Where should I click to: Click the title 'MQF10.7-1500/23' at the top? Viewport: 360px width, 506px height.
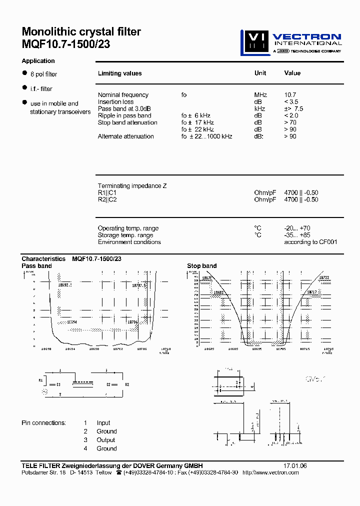66,44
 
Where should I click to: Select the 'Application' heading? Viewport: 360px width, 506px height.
38,61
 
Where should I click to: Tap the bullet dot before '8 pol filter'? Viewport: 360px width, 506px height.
24,73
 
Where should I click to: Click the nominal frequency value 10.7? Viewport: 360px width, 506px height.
290,95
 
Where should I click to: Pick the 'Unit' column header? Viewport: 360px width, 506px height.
260,73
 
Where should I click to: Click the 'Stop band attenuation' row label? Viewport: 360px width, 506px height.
127,122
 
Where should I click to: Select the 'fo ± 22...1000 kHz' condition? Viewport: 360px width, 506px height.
206,136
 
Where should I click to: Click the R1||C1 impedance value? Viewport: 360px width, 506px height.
301,192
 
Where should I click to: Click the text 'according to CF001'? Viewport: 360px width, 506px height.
310,242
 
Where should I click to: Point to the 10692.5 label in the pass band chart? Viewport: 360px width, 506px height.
65,284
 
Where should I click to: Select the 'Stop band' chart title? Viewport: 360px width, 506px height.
201,266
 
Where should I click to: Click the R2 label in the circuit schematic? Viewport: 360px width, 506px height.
127,384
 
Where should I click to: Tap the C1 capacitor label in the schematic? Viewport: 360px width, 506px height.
58,384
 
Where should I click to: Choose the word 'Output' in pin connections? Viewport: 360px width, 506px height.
106,440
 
